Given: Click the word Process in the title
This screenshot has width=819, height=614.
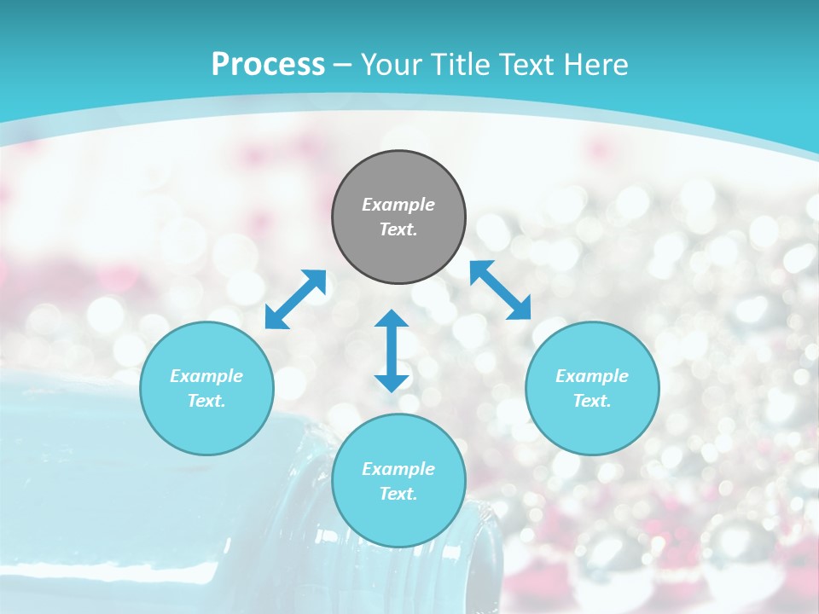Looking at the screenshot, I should tap(268, 65).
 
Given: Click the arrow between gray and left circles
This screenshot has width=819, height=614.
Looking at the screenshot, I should tap(295, 299).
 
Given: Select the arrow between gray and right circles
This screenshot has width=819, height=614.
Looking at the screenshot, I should tap(501, 290).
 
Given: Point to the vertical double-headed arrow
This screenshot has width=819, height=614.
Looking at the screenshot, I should tap(392, 350).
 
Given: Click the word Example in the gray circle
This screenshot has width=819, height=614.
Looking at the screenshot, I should tap(398, 205).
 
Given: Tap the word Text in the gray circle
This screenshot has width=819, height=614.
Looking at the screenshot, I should tap(398, 229).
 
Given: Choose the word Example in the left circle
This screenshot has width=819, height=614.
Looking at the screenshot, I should tap(206, 376).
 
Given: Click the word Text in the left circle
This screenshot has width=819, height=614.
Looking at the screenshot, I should tap(206, 401).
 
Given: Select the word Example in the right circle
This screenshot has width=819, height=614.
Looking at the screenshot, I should tap(592, 376).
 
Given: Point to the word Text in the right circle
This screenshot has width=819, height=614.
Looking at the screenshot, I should tap(592, 401).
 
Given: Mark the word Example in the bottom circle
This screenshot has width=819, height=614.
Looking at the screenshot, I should tap(398, 469).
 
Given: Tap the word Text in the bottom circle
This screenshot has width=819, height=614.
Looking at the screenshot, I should tap(398, 494).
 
